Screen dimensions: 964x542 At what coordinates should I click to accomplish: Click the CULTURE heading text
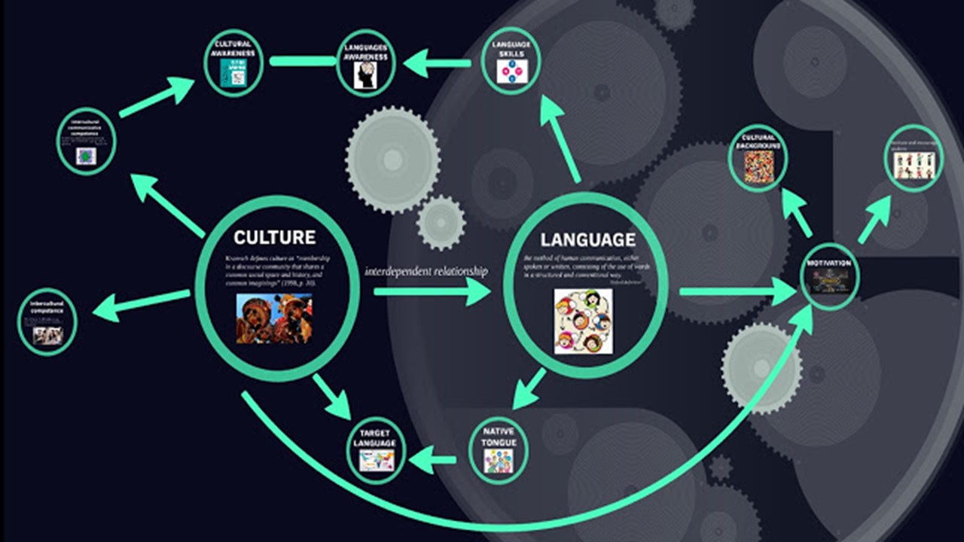coord(274,238)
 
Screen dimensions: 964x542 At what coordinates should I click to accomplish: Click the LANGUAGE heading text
coord(587,240)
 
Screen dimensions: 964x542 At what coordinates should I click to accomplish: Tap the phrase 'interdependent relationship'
coord(426,271)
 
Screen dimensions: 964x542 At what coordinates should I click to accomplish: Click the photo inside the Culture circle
coord(274,318)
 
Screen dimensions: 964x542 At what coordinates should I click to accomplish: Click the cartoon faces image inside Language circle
coord(583,321)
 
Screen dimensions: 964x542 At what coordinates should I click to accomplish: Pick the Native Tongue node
coord(499,450)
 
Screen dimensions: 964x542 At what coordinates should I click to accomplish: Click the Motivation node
coord(828,276)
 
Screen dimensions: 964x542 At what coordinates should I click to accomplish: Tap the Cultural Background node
coord(758,158)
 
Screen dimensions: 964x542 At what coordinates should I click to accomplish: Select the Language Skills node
coord(511,61)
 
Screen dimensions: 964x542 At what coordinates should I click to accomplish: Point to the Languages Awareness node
coord(365,63)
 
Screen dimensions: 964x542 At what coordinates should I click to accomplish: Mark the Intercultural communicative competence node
coord(86,141)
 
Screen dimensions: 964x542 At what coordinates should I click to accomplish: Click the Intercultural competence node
coord(47,321)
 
